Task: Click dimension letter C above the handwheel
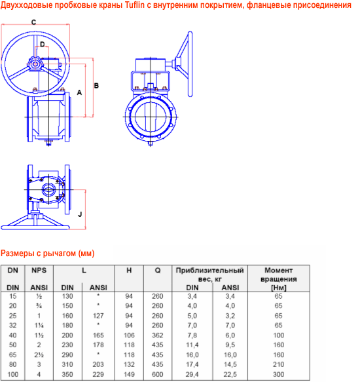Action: [34, 22]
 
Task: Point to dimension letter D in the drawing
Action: [43, 44]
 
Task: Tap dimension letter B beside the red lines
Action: [96, 86]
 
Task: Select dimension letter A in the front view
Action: [79, 92]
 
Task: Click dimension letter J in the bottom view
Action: [80, 214]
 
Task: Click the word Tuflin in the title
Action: [135, 5]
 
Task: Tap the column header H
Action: [129, 270]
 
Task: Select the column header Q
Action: [158, 270]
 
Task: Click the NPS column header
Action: [39, 270]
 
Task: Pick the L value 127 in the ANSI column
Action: [98, 316]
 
